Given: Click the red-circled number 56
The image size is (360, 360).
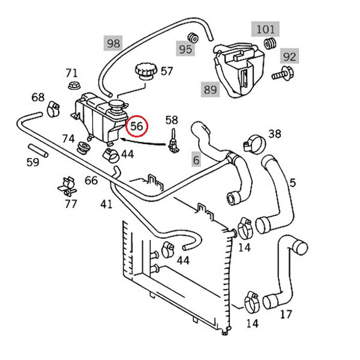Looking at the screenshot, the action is coord(137,126).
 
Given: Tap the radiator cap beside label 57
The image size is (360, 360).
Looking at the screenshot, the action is coord(146,71).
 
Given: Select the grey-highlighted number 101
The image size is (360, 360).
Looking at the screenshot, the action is coord(265,29).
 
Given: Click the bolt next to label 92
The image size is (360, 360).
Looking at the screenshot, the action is coord(283,74).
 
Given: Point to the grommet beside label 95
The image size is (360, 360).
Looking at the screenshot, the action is coord(193,38).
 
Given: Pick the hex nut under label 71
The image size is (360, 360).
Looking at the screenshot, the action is coord(74,85).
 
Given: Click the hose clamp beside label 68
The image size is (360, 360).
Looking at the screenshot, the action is coord(53,109).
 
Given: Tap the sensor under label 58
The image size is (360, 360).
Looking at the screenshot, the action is coord(173,142).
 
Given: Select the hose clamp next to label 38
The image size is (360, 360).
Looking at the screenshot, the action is coord(254,144).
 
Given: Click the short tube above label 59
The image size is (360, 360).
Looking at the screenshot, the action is coord(38,151).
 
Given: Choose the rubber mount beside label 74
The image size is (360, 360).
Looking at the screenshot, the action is coord(83,148).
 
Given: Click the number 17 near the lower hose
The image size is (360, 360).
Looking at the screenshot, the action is coord(286,314).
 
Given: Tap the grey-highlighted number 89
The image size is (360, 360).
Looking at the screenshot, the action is coord(211,89).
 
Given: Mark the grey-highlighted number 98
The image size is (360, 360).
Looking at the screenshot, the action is coord(113,43).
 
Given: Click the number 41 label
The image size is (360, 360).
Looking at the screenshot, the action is coord(106,204).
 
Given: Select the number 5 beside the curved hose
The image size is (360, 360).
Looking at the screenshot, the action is coord(293,183).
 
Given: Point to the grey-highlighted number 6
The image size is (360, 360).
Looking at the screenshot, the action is coord(196,160).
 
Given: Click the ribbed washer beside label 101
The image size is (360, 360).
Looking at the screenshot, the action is coord(270,44).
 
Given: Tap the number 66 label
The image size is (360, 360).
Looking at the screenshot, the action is coord(91,181).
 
